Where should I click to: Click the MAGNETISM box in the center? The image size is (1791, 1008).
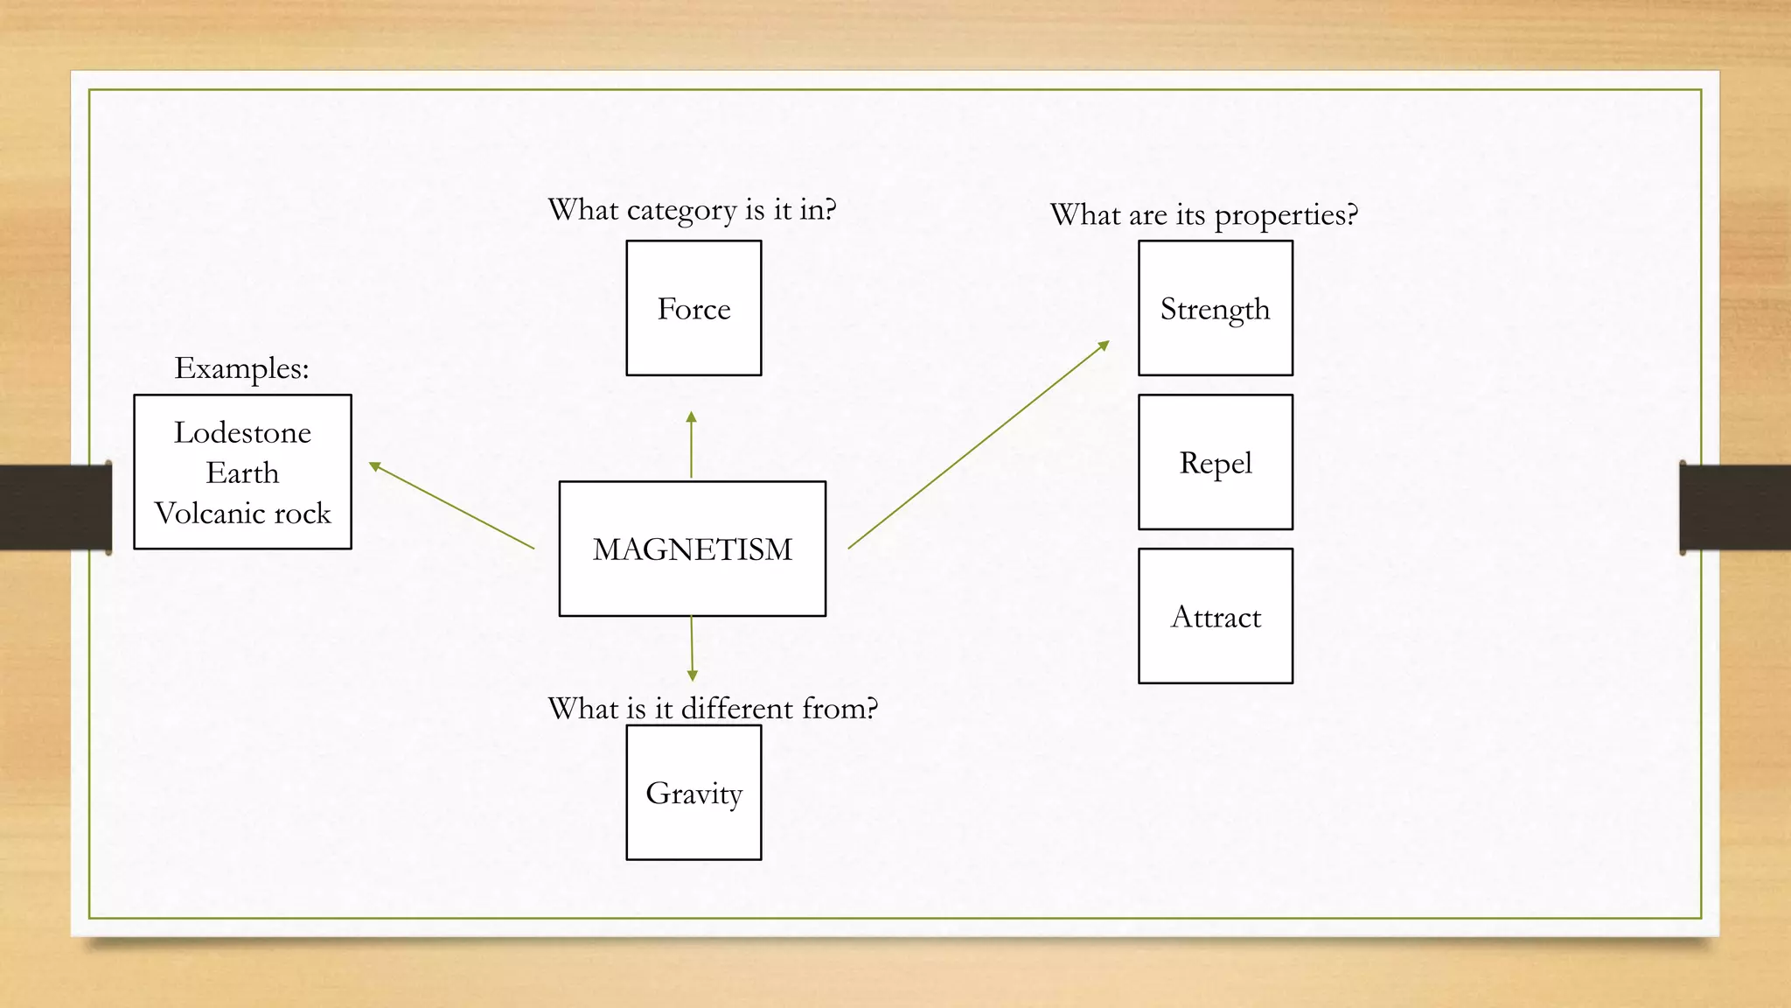693,549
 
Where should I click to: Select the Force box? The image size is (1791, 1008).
693,308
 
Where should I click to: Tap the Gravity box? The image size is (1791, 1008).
693,793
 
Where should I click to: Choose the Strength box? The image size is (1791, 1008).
1215,308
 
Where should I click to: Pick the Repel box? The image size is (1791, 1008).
1215,462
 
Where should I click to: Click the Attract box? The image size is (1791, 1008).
1215,616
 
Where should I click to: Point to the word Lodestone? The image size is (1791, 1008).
242,432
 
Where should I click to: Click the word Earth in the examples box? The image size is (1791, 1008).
242,472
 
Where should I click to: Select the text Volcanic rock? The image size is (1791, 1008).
242,513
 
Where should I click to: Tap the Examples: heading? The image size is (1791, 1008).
241,367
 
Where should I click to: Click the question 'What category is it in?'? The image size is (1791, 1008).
692,210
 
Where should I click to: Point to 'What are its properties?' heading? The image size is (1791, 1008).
1203,214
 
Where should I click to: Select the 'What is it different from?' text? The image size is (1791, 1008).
712,708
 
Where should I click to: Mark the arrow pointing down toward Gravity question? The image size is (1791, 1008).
692,648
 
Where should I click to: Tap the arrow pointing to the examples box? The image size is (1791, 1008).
451,506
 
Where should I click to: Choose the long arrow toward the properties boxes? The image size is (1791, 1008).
978,445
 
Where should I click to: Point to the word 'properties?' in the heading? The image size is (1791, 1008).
1286,215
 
